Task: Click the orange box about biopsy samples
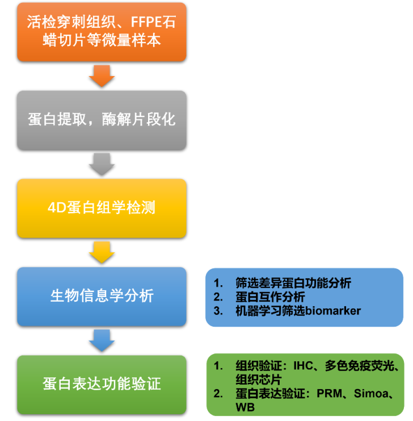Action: [102, 31]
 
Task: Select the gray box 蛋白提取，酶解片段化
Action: [102, 119]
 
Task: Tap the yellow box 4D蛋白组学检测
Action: [102, 208]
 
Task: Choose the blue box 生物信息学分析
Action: [102, 296]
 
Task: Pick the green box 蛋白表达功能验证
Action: [102, 385]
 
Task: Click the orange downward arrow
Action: [102, 76]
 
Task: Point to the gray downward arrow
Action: [102, 164]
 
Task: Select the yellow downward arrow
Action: [102, 252]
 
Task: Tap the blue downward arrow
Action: [102, 340]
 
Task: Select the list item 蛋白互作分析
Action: [270, 297]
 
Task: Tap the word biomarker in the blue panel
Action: [334, 311]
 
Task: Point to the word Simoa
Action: [372, 394]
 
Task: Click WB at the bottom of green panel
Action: [245, 407]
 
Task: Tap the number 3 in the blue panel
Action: [217, 311]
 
